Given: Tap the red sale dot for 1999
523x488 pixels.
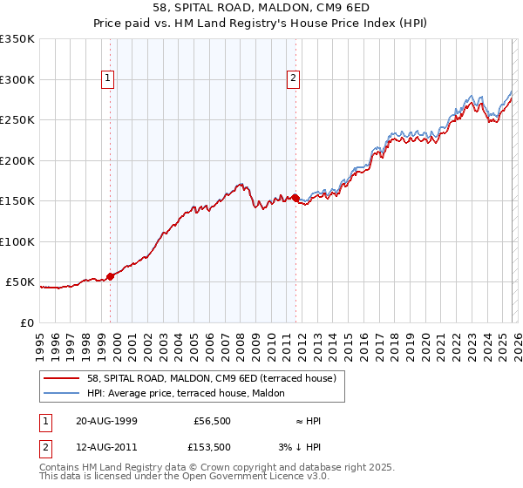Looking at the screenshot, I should [x=111, y=277].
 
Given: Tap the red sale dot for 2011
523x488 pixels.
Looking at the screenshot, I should [x=295, y=198].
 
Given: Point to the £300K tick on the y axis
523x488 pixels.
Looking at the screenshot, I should [x=17, y=79].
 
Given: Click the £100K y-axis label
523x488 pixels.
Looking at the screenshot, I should [x=17, y=241].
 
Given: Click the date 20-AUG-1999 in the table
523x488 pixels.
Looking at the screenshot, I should [x=106, y=421].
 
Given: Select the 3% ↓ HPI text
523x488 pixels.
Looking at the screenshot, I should [x=308, y=447].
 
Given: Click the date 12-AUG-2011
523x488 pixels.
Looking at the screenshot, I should [x=106, y=447].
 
